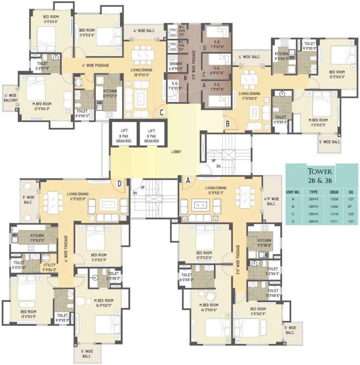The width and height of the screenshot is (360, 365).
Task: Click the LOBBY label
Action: (x=178, y=152)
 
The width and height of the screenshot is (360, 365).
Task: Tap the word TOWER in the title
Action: (x=319, y=172)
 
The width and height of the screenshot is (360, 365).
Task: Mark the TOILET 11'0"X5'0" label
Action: (x=280, y=119)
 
